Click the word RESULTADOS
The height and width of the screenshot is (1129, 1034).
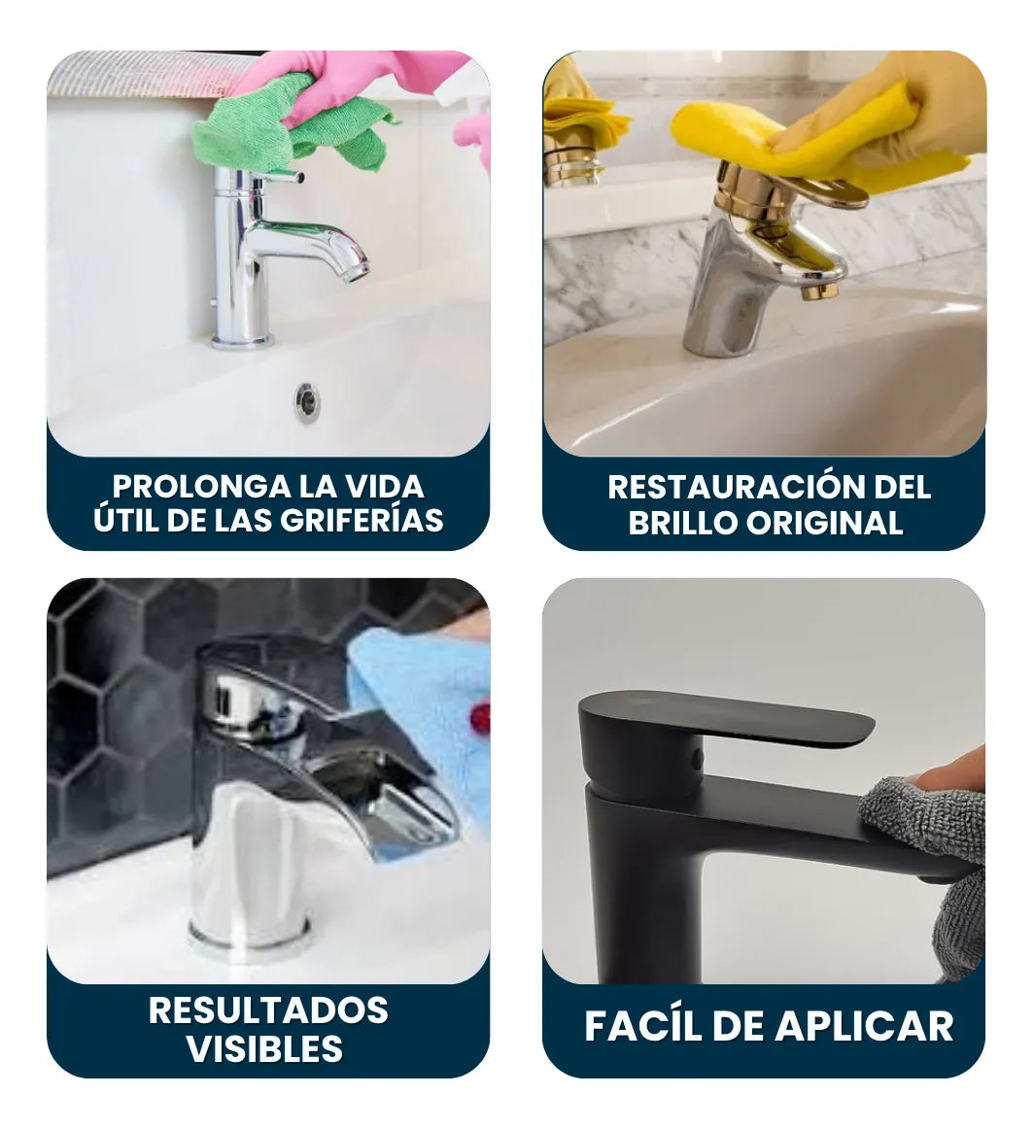pos(268,1010)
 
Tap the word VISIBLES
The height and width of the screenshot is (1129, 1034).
pos(264,1049)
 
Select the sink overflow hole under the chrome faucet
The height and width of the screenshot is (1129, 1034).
pos(307,401)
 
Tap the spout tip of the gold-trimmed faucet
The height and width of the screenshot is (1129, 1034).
pos(819,289)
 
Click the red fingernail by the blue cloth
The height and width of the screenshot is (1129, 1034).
pos(480,719)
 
